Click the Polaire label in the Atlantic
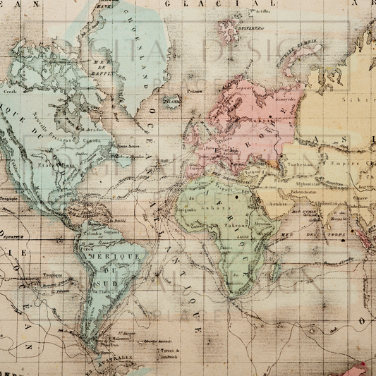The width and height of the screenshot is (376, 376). [x=195, y=90]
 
